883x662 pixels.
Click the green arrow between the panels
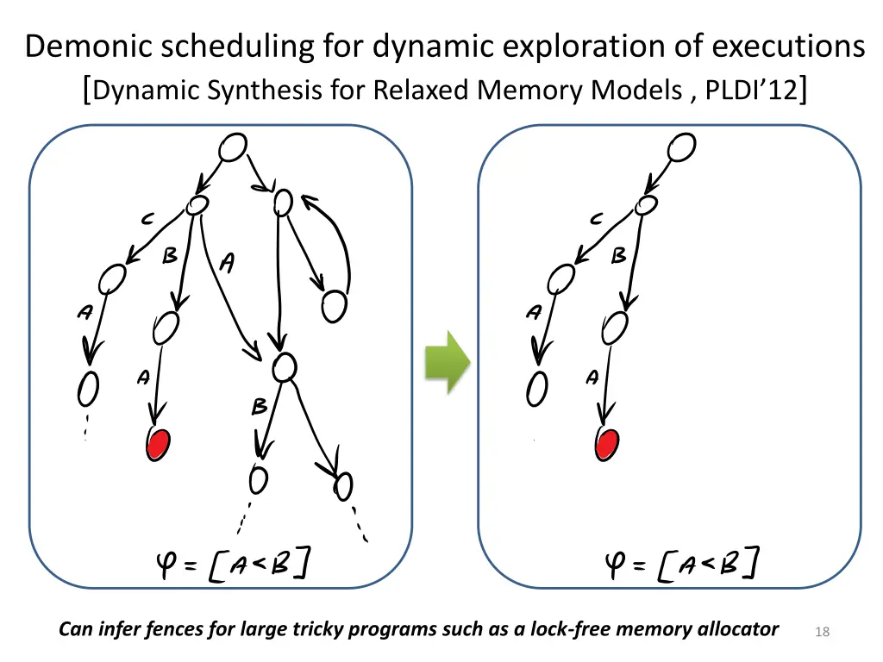click(447, 361)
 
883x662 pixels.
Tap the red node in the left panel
click(158, 444)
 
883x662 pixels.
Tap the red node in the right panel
click(607, 444)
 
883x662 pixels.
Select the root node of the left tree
click(232, 148)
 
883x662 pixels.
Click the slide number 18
click(822, 633)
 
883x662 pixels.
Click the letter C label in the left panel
click(147, 221)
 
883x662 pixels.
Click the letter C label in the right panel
click(596, 221)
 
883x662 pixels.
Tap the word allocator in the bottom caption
click(736, 629)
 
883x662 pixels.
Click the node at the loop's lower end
click(334, 304)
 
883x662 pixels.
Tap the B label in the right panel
click(618, 257)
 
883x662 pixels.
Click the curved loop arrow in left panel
click(341, 241)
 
